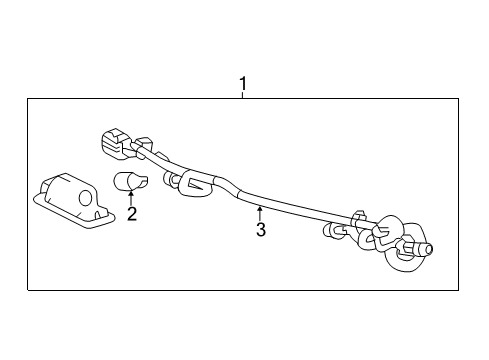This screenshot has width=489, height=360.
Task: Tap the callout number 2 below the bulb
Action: [130, 213]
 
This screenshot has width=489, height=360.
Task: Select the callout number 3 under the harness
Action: [260, 230]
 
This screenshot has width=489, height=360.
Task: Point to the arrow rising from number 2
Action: [130, 199]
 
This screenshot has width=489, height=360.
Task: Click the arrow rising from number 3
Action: [260, 212]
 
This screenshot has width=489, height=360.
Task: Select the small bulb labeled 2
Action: [128, 182]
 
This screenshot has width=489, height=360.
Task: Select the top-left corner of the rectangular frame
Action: [27, 98]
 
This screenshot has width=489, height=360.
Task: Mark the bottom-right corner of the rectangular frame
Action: [459, 290]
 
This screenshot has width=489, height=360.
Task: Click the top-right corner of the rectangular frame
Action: [459, 98]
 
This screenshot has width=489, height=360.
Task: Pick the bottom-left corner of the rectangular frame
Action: [27, 290]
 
